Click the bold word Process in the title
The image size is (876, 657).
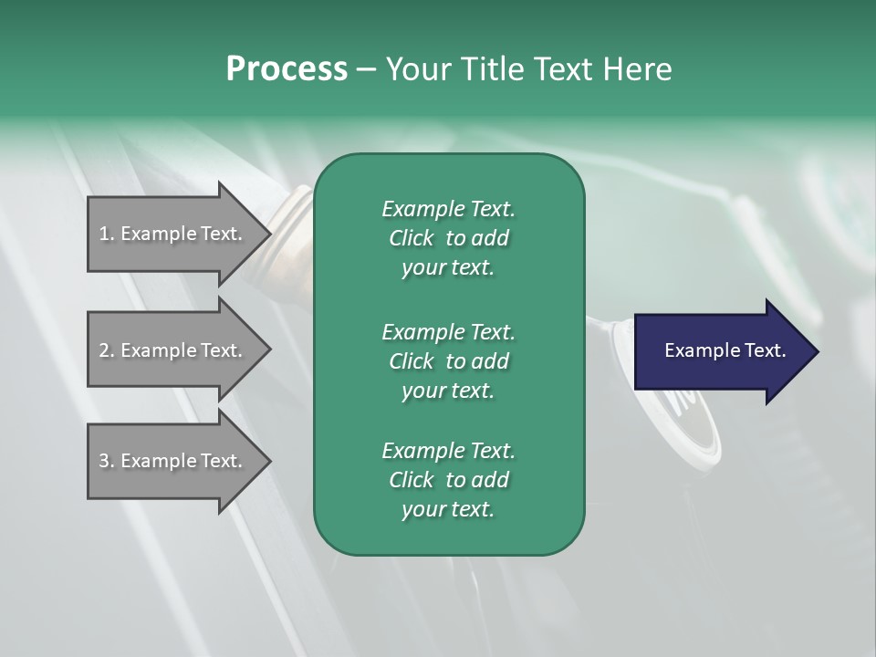click(287, 69)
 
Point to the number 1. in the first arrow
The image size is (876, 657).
click(107, 234)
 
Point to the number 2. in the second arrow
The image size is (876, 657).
click(107, 350)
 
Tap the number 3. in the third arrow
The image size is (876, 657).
click(107, 461)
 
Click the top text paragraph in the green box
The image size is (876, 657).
click(448, 238)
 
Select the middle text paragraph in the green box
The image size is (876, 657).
click(448, 360)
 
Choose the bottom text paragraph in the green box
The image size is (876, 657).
click(448, 480)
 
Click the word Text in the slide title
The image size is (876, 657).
click(559, 69)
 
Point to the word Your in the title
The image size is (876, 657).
click(417, 69)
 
